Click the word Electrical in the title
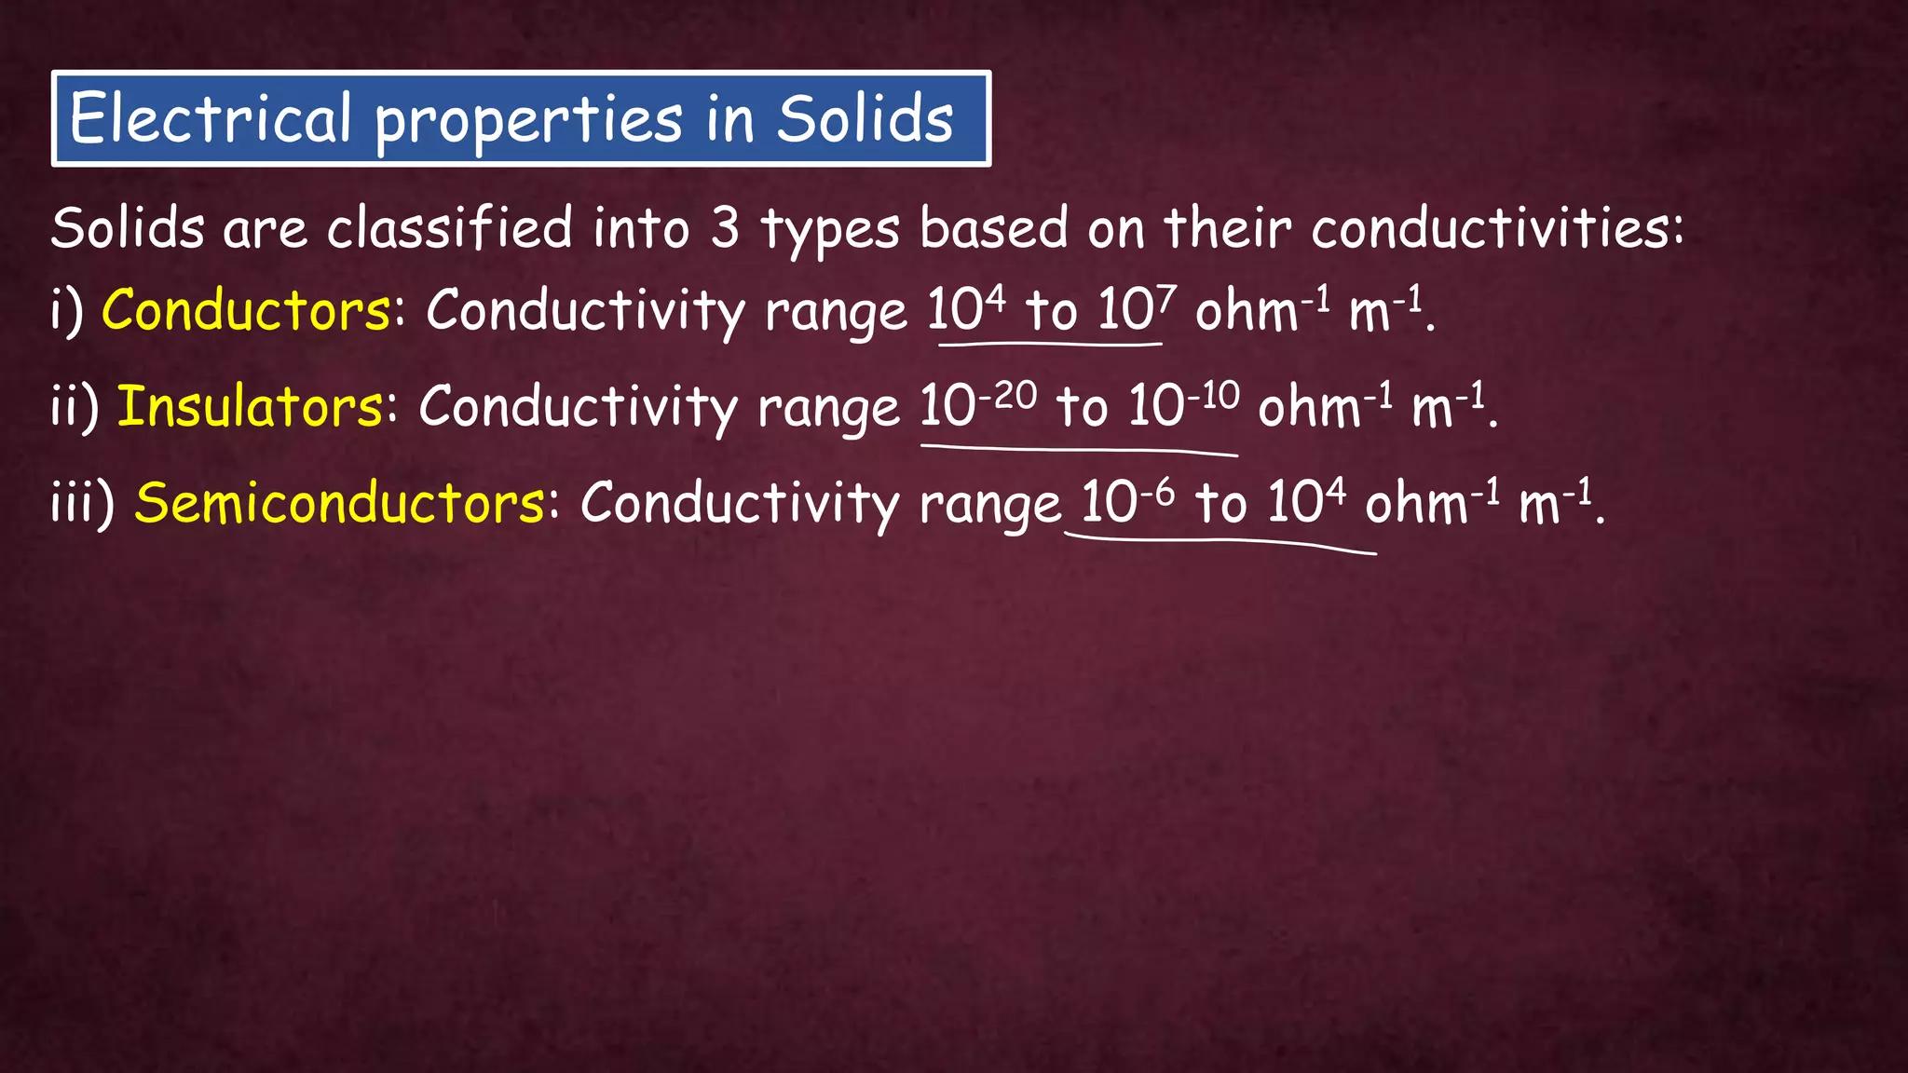(x=211, y=119)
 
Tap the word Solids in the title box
(x=865, y=119)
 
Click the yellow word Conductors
(x=246, y=310)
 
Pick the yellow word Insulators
(x=250, y=407)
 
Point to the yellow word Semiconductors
(x=340, y=503)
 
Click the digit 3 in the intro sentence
(x=725, y=228)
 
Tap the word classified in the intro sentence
(x=449, y=228)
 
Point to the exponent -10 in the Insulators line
(x=1213, y=395)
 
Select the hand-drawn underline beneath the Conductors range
(x=1050, y=346)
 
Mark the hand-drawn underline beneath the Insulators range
(x=1079, y=451)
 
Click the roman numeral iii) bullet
(x=82, y=503)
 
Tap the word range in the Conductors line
(x=836, y=313)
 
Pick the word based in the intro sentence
(x=993, y=228)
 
